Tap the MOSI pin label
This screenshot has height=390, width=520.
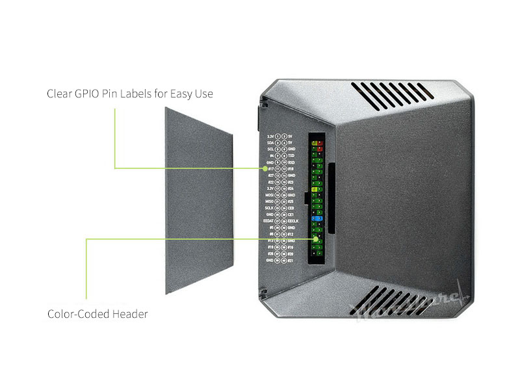point(269,194)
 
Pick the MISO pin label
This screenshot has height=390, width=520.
point(269,201)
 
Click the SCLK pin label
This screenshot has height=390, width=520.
point(269,207)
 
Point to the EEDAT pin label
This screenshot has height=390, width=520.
point(267,221)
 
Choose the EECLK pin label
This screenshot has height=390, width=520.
point(293,221)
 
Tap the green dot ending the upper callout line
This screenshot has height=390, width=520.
point(265,168)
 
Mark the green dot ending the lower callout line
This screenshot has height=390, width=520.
point(317,239)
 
